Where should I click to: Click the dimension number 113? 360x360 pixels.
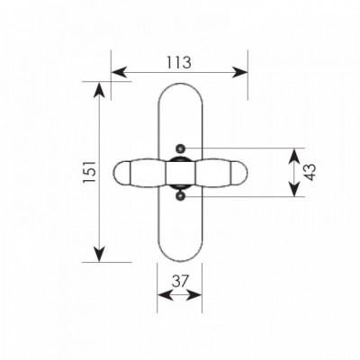pos(179,63)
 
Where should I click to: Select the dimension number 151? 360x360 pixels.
pos(89,172)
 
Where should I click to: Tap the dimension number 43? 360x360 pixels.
pos(310,172)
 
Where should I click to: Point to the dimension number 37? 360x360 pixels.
pos(180,282)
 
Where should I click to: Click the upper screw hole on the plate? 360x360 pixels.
pos(180,148)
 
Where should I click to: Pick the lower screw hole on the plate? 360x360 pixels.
pos(180,196)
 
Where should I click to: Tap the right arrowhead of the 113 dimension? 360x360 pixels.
pos(241,72)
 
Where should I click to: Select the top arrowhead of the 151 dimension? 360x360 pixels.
pos(99,89)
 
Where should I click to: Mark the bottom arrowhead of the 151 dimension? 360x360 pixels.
pos(99,255)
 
